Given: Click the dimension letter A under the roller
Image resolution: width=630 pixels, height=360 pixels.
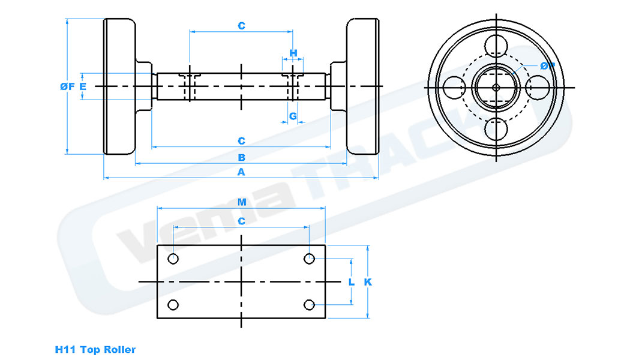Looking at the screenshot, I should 241,172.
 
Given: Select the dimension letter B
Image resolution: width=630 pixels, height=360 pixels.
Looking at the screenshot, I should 241,157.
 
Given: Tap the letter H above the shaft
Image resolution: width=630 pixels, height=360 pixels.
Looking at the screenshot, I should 293,53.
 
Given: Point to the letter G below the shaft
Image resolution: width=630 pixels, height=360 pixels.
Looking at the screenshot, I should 293,116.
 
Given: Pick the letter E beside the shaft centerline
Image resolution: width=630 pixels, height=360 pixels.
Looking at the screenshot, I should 83,86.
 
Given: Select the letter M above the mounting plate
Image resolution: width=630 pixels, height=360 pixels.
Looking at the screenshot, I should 242,202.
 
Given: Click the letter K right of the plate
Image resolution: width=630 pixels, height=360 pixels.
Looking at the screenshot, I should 368,282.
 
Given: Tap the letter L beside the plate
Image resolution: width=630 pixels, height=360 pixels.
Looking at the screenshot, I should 352,282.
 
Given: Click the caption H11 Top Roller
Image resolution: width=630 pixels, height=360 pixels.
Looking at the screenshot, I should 95,349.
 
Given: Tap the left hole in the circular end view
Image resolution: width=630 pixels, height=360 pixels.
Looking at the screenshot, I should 454,86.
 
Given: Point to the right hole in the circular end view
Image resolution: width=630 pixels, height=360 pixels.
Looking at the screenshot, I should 538,86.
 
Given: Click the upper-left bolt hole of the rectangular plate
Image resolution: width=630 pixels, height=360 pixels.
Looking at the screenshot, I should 173,259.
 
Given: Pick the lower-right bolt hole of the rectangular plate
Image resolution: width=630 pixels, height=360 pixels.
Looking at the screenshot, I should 309,305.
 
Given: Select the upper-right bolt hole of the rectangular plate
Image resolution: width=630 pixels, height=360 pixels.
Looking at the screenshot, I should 309,259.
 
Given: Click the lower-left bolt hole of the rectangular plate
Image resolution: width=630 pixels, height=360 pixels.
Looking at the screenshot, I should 173,305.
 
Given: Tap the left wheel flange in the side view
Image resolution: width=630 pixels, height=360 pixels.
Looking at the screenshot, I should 119,86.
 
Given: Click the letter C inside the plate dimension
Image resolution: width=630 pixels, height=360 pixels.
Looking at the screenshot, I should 241,221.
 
